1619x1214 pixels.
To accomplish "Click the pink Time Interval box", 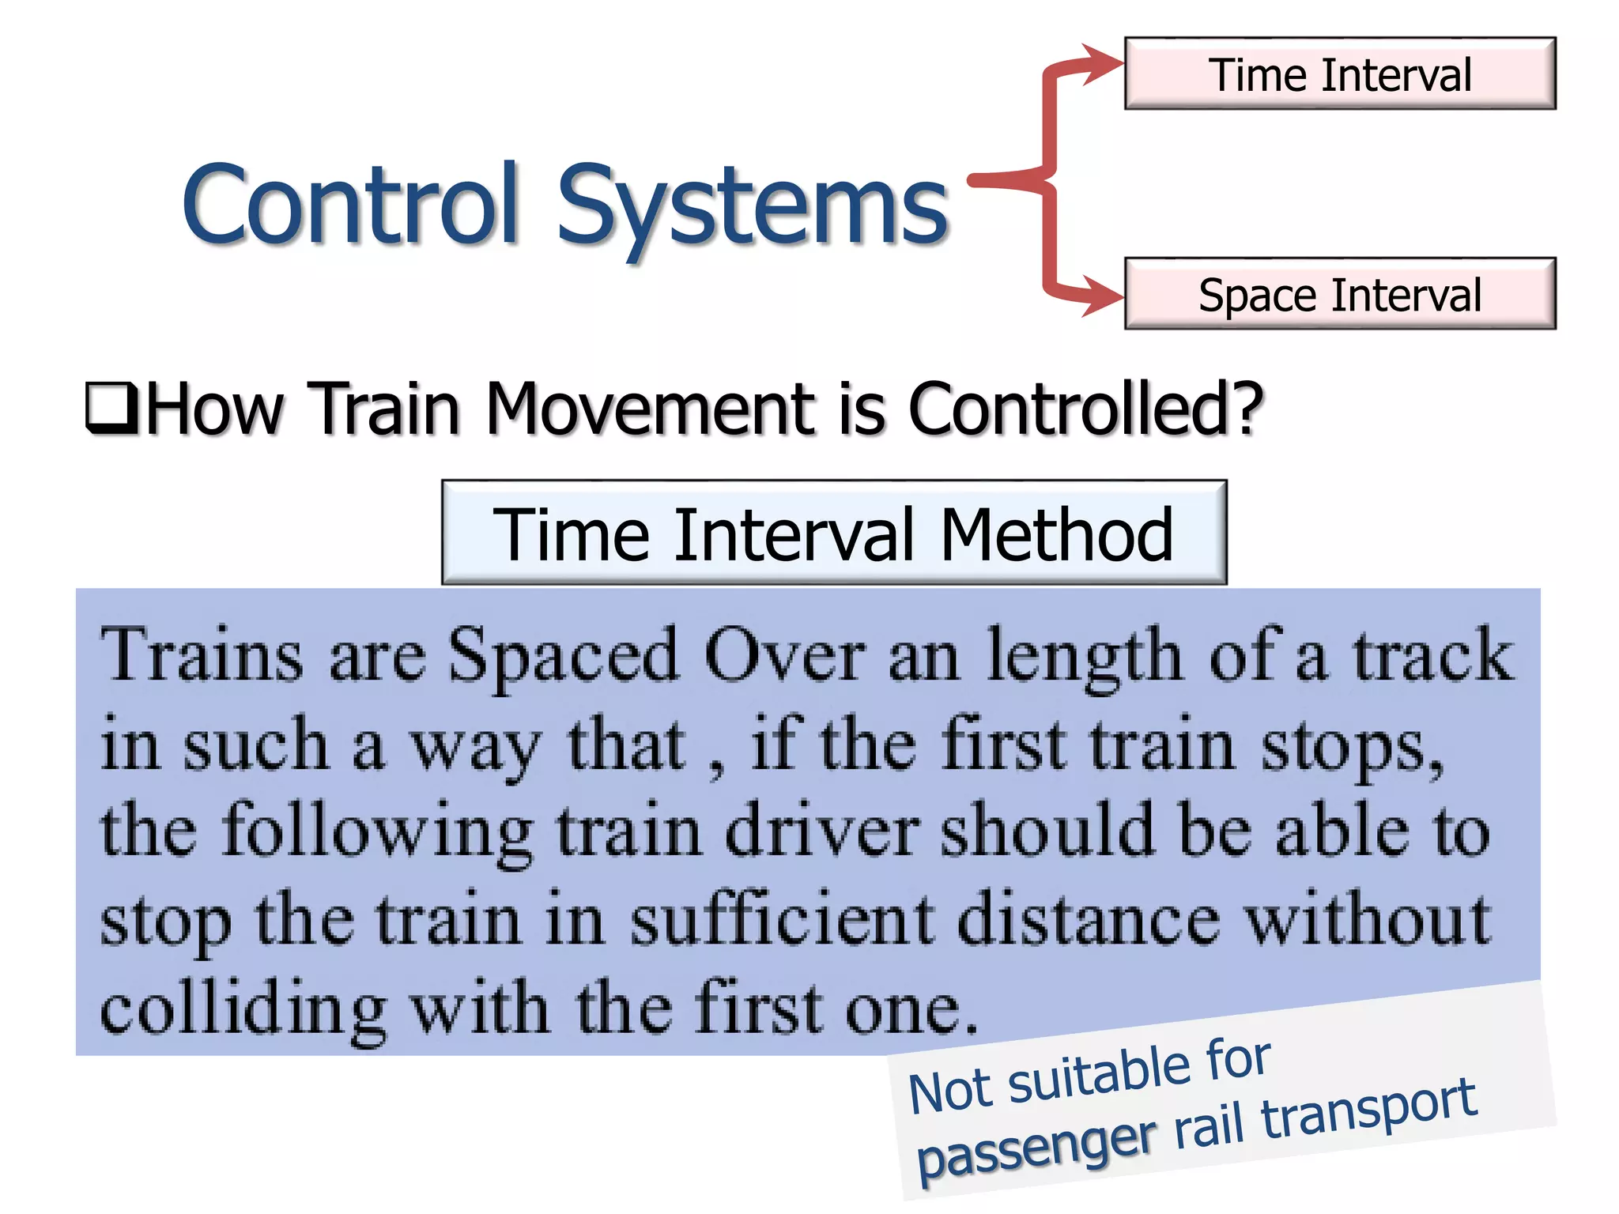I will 1340,74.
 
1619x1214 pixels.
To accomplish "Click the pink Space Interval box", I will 1340,294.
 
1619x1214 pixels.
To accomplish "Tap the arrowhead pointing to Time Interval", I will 1103,63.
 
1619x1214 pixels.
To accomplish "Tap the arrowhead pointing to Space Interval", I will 1103,296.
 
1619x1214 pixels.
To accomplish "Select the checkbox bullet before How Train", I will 111,408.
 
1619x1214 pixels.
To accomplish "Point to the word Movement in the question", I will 653,409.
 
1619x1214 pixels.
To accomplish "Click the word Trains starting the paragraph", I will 202,656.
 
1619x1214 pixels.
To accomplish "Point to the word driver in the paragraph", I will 822,831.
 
